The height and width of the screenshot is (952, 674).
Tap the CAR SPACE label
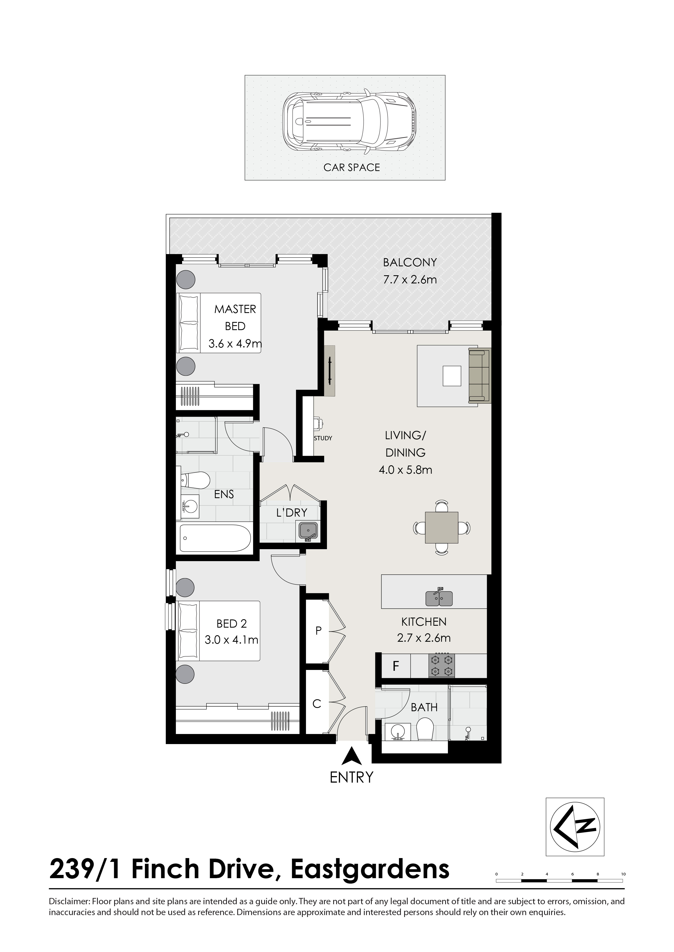tap(351, 167)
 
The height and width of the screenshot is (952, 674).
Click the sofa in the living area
tap(479, 376)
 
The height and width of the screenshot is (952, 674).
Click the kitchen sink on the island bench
tap(439, 597)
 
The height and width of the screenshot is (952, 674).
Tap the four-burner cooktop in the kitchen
tap(442, 666)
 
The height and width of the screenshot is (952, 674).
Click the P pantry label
tap(318, 631)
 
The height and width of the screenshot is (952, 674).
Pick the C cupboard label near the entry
tap(317, 704)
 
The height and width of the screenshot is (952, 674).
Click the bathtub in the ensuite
tap(215, 538)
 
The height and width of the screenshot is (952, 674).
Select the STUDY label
tap(323, 438)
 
